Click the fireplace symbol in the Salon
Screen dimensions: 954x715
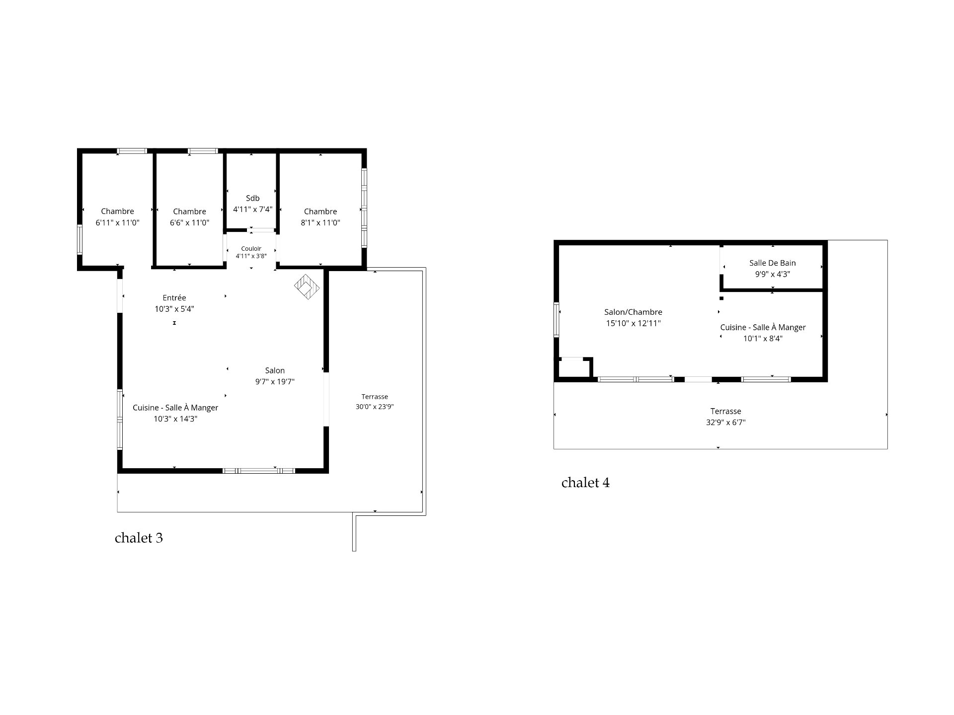click(x=307, y=287)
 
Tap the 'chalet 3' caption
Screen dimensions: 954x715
click(x=139, y=538)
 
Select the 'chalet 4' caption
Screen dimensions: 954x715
click(x=585, y=483)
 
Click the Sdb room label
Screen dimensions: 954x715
click(x=252, y=198)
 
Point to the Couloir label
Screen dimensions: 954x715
click(x=251, y=249)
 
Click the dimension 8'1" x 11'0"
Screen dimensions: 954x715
click(x=320, y=223)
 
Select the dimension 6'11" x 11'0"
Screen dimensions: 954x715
click(x=117, y=223)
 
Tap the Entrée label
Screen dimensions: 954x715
click(x=174, y=298)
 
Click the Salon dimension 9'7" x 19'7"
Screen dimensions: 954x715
click(x=275, y=382)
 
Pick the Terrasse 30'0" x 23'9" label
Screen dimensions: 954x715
click(x=375, y=402)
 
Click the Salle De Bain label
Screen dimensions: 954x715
click(x=773, y=263)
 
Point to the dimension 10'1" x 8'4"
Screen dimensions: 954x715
click(x=763, y=339)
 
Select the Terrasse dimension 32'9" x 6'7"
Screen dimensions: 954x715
click(x=725, y=423)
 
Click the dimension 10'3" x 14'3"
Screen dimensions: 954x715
click(x=175, y=419)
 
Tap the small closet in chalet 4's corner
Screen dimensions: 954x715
click(x=574, y=367)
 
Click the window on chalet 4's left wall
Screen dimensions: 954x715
click(x=556, y=320)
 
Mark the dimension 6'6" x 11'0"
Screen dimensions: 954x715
click(x=189, y=223)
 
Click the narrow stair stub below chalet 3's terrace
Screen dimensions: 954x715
click(x=354, y=532)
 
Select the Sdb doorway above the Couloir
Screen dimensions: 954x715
click(x=261, y=230)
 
